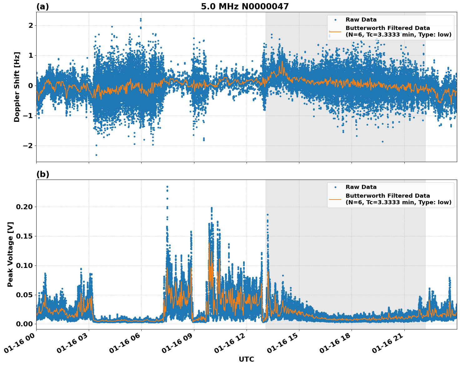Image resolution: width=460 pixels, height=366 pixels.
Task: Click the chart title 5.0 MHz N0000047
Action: pos(245,7)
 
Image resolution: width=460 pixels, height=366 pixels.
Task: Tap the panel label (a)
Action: pos(42,7)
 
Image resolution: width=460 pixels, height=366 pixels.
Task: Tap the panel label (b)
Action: pos(42,174)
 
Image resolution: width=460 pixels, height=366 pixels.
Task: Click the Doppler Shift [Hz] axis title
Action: pos(17,87)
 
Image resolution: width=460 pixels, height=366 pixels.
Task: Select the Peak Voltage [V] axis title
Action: pos(10,254)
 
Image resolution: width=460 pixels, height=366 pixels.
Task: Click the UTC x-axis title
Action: pos(246,359)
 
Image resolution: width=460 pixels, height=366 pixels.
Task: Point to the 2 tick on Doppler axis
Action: pos(31,25)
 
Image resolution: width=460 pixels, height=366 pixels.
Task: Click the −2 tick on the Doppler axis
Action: pos(28,146)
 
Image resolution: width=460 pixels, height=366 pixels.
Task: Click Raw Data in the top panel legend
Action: pos(361,20)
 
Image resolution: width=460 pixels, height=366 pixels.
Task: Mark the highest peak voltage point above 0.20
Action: pos(167,187)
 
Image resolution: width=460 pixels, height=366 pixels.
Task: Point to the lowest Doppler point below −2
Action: pos(96,155)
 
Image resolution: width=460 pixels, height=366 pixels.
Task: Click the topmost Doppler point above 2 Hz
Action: pos(141,19)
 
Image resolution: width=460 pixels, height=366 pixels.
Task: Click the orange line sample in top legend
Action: pos(335,32)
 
